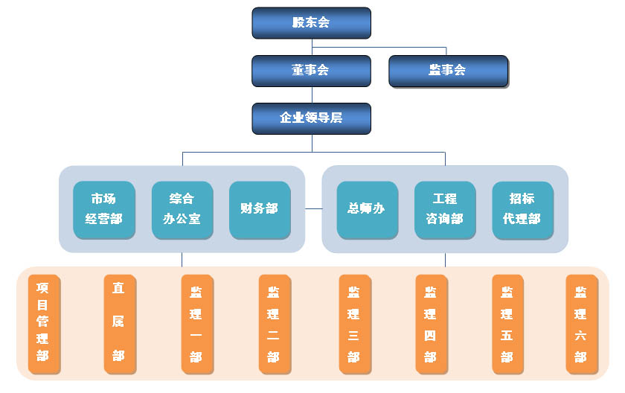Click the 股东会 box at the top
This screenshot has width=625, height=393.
[x=311, y=22]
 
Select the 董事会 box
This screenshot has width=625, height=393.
[x=311, y=71]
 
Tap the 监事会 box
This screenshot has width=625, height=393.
[x=448, y=71]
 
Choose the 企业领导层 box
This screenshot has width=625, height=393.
[x=311, y=118]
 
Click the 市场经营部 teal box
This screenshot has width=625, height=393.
[x=104, y=209]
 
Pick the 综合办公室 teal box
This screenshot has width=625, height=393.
[x=182, y=209]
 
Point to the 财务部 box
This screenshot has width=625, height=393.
[x=259, y=209]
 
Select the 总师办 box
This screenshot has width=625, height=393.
[x=367, y=209]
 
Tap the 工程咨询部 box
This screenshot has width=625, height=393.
[x=445, y=209]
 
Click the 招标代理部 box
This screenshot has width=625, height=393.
[x=522, y=209]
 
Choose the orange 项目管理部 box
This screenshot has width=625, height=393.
[x=43, y=323]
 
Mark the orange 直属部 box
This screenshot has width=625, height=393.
[x=119, y=323]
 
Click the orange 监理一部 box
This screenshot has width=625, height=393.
[x=196, y=323]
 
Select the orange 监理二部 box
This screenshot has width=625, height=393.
[x=274, y=323]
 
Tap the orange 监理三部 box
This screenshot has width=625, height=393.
[x=354, y=323]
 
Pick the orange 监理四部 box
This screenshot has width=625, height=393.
[x=431, y=323]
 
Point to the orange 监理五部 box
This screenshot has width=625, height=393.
[x=507, y=323]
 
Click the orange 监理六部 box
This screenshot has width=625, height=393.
[x=581, y=323]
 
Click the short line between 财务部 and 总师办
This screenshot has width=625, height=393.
[x=313, y=209]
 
